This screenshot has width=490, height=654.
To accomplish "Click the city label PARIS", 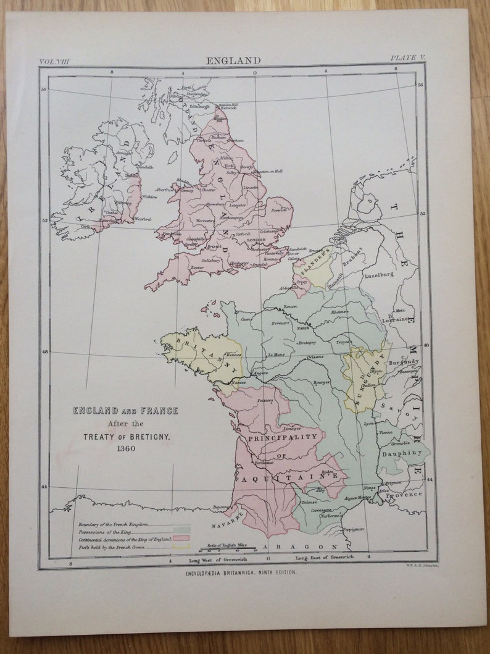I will click(x=302, y=329).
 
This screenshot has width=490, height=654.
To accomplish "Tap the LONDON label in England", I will click(x=255, y=239).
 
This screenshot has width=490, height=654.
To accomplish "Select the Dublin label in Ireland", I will click(x=131, y=175).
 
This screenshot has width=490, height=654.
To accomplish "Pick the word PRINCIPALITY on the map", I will click(x=286, y=437).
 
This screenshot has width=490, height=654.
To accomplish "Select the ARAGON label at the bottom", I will click(x=304, y=547).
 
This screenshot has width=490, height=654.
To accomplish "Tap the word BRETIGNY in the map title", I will click(x=142, y=436).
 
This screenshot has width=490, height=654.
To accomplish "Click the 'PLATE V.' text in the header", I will click(x=407, y=58).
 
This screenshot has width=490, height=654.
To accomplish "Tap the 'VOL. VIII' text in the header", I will click(x=56, y=61).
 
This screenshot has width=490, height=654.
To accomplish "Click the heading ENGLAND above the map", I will click(x=233, y=61).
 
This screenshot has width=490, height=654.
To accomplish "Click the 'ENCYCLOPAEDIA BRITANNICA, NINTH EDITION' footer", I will click(x=241, y=573).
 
